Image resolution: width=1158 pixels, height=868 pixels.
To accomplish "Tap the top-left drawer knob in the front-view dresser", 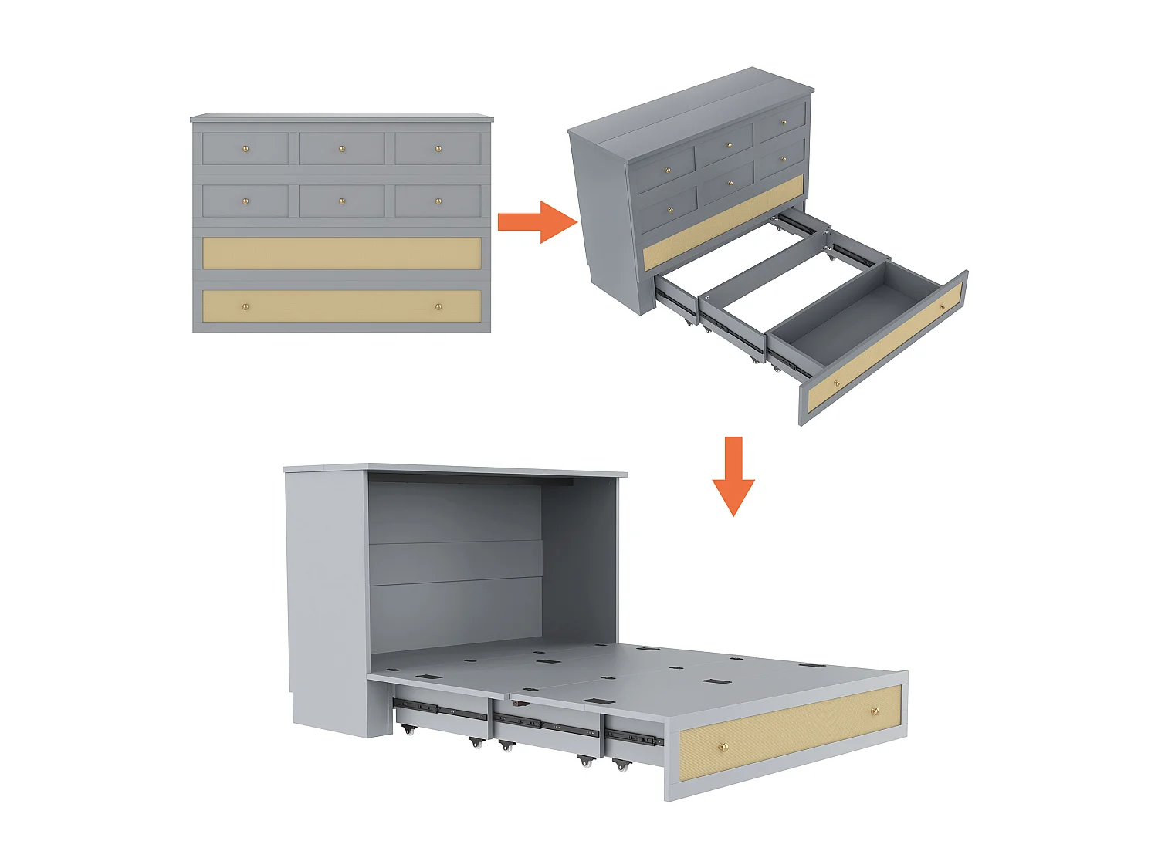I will (246, 148).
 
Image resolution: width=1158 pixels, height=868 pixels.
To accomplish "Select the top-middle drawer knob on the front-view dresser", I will (342, 148).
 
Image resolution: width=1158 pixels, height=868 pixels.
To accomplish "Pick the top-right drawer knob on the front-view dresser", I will (438, 148).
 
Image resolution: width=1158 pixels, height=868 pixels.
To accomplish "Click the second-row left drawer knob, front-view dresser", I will (246, 201).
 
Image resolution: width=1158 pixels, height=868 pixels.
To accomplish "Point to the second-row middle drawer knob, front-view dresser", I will (342, 201).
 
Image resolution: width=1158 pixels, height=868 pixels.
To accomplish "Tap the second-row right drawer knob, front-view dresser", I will (438, 201).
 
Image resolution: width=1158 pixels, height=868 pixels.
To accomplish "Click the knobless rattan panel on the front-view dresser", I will (341, 253).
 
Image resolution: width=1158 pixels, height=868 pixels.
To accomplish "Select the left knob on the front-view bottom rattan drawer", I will (246, 306).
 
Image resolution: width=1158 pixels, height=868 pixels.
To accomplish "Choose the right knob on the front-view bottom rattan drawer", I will (438, 306).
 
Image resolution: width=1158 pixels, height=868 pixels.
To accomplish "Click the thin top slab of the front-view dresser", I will (341, 118).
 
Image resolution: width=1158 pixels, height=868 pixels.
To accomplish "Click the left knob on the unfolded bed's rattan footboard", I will (723, 746).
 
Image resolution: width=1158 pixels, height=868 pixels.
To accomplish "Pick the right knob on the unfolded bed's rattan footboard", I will (875, 711).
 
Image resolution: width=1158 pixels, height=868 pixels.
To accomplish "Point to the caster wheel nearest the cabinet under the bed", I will (408, 729).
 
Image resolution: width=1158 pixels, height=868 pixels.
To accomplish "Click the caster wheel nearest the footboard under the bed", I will (620, 765).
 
